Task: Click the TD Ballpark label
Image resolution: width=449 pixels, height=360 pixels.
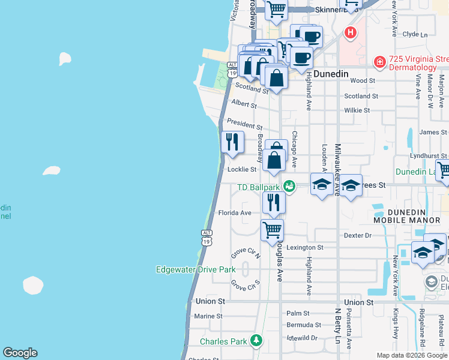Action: [259, 187]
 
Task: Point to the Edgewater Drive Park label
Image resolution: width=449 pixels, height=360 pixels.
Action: [196, 269]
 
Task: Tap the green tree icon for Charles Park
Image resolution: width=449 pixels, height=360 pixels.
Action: [256, 340]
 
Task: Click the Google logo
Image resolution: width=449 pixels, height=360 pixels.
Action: [20, 353]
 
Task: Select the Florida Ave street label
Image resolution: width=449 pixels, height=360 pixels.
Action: [234, 213]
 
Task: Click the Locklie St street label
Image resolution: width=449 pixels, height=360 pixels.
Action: [242, 169]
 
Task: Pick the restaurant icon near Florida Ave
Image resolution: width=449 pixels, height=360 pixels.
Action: [273, 202]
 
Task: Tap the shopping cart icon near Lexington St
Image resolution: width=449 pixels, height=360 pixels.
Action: [273, 229]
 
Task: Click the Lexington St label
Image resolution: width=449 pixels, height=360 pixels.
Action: [305, 247]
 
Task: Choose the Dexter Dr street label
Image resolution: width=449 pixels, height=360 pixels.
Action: [359, 236]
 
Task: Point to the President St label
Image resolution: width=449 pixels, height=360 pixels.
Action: [245, 124]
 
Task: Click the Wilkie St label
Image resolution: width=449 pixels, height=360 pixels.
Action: [357, 110]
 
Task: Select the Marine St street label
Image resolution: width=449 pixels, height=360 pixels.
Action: [208, 316]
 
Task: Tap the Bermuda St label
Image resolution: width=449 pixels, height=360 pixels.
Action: [301, 325]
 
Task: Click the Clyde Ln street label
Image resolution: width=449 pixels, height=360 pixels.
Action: [415, 34]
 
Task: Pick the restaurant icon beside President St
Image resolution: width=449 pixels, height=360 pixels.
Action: [232, 142]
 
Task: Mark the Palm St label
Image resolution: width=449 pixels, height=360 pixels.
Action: [298, 313]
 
